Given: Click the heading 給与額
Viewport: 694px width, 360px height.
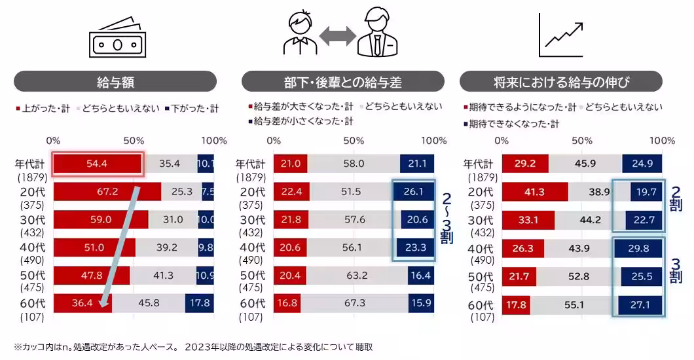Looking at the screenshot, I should (115, 82).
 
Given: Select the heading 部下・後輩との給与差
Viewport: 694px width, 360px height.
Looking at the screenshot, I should (342, 82).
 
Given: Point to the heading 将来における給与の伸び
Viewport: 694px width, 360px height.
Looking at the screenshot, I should (560, 82).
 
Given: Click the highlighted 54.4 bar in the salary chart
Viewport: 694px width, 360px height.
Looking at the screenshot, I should (97, 164).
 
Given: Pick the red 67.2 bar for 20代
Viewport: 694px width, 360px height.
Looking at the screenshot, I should (107, 192).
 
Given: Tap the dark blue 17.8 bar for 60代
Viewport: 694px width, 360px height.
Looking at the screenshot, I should (199, 304).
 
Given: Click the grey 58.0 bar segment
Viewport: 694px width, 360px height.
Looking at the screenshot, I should (354, 164).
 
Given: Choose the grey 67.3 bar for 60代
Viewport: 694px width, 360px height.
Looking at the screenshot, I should (354, 304).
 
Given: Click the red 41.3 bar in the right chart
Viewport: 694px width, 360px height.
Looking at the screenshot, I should (534, 192).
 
